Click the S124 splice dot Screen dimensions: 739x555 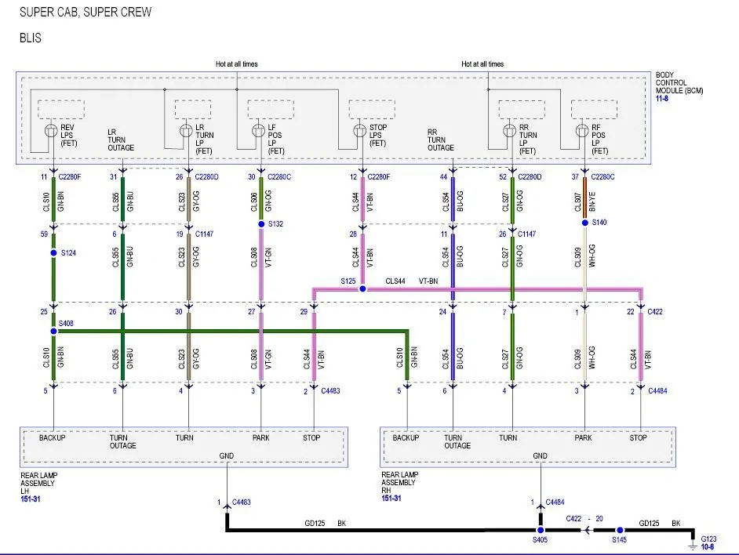(x=53, y=253)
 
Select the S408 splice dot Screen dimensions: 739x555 (x=53, y=332)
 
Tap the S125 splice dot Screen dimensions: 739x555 (x=362, y=288)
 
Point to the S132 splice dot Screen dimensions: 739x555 (x=261, y=224)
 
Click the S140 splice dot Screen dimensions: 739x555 (x=585, y=223)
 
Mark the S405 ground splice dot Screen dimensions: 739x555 (x=541, y=530)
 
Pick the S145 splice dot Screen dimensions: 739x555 (x=621, y=530)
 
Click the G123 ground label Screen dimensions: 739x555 (x=708, y=539)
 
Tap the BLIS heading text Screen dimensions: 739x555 (x=31, y=38)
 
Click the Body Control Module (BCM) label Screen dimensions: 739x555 (x=679, y=83)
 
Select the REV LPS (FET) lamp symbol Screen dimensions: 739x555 (x=51, y=131)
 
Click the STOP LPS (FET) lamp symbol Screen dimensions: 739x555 (x=359, y=130)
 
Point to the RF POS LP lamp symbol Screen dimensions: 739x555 (x=582, y=130)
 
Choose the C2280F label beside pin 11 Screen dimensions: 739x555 (x=70, y=177)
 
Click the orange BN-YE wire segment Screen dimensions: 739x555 (x=585, y=198)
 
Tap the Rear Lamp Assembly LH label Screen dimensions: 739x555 (x=38, y=484)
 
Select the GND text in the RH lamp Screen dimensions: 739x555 (x=540, y=456)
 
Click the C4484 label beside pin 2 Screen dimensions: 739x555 (x=657, y=391)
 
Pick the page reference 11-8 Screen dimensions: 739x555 (x=662, y=99)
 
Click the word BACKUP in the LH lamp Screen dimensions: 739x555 (x=53, y=438)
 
